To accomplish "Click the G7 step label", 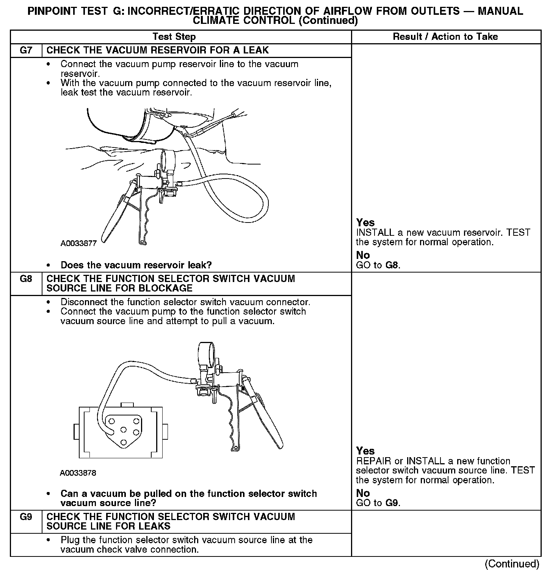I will pyautogui.click(x=26, y=50).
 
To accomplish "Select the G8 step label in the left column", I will pyautogui.click(x=26, y=279).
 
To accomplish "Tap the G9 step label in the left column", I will pyautogui.click(x=26, y=517).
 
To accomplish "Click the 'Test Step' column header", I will pyautogui.click(x=174, y=37).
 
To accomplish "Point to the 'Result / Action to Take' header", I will pyautogui.click(x=445, y=37).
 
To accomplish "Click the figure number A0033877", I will pyautogui.click(x=78, y=243).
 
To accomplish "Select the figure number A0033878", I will pyautogui.click(x=78, y=473).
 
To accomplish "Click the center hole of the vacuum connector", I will pyautogui.click(x=123, y=429).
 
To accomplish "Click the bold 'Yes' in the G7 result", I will pyautogui.click(x=365, y=223).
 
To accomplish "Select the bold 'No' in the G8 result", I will pyautogui.click(x=363, y=493).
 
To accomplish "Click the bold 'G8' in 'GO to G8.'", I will pyautogui.click(x=392, y=265).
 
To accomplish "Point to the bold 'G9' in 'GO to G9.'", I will pyautogui.click(x=392, y=503).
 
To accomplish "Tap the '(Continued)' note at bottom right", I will pyautogui.click(x=512, y=564).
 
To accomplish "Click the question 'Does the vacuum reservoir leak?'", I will pyautogui.click(x=136, y=265).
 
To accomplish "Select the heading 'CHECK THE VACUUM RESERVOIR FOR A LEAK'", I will pyautogui.click(x=157, y=50).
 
